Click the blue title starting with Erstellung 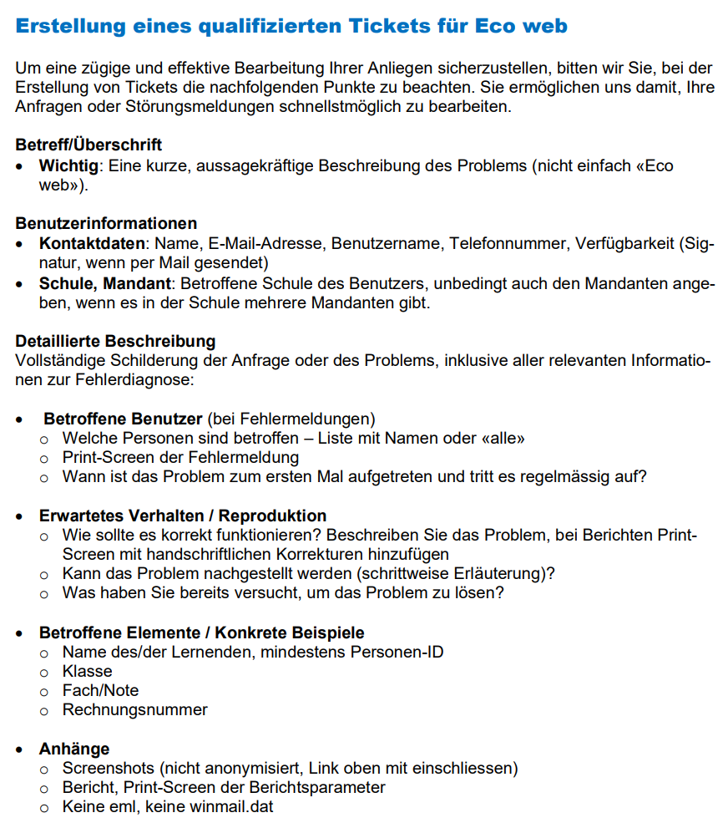291,26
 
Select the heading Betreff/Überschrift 88,145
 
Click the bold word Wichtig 68,165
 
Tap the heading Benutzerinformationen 106,223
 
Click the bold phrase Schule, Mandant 105,282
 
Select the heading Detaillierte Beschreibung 115,341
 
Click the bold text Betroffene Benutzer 123,418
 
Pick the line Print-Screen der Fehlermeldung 180,457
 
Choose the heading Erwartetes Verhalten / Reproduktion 183,516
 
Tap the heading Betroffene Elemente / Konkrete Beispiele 201,632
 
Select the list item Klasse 87,671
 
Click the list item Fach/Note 100,690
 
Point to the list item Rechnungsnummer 134,709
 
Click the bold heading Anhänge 74,749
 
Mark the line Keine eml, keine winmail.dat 168,807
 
